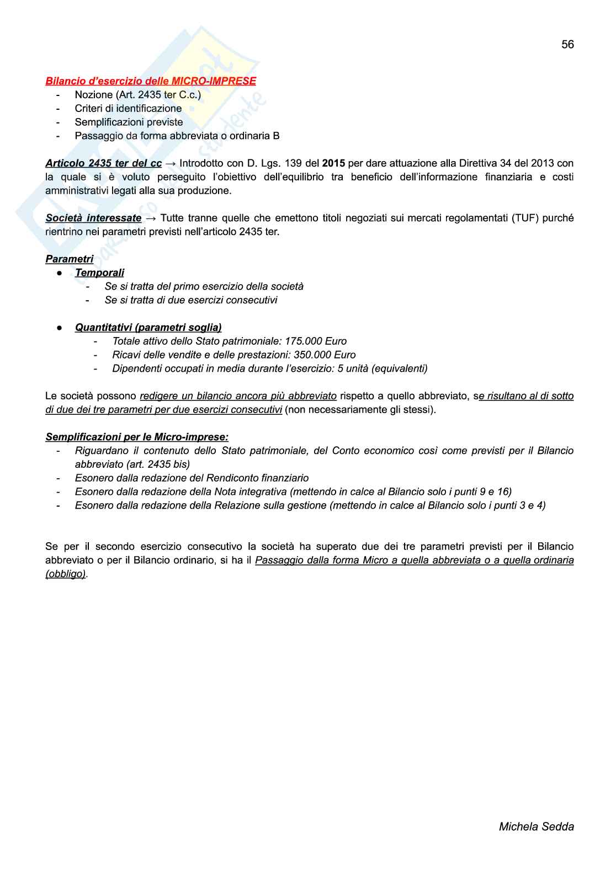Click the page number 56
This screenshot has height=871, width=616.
pos(567,45)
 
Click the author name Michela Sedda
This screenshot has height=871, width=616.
pos(536,826)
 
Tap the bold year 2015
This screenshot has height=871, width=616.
pos(333,163)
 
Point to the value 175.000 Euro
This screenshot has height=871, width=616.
pos(316,341)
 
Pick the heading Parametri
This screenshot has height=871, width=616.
pos(70,259)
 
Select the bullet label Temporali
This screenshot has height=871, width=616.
pos(99,273)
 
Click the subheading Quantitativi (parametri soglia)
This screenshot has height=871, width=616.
pos(148,328)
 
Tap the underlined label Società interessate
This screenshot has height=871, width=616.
pos(93,218)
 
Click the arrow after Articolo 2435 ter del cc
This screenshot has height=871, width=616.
pos(170,164)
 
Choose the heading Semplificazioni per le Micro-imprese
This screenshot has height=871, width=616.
pos(137,437)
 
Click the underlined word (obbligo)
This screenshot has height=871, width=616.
pos(66,574)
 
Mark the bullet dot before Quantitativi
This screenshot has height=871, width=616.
pos(59,328)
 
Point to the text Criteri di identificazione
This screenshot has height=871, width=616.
pos(128,109)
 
